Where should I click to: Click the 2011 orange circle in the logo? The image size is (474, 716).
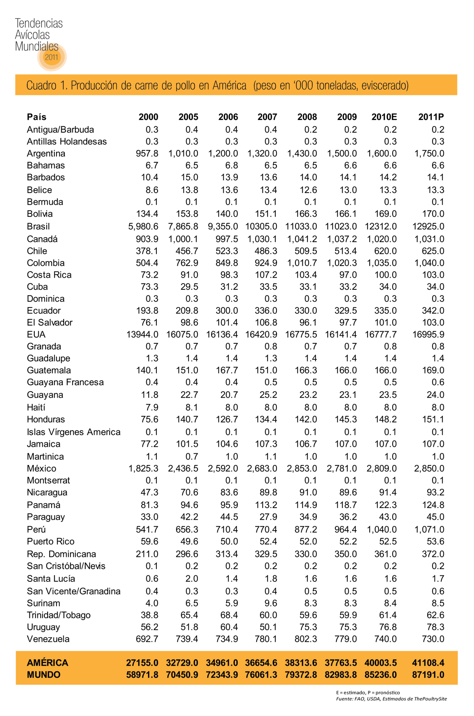(x=52, y=57)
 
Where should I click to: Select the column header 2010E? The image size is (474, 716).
(x=384, y=117)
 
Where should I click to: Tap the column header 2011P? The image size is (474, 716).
(x=431, y=117)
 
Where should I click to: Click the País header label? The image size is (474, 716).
(x=37, y=117)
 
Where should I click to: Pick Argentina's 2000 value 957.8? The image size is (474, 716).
(x=147, y=154)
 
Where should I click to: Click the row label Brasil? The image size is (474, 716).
(x=38, y=226)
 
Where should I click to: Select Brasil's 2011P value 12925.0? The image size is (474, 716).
(x=428, y=226)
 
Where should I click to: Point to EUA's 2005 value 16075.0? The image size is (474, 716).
(x=182, y=334)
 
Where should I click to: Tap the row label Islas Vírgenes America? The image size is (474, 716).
(x=73, y=432)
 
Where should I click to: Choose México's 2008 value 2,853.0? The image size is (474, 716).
(x=302, y=468)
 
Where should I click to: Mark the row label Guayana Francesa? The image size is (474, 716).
(x=65, y=382)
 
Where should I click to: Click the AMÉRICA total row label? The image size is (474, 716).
(x=48, y=662)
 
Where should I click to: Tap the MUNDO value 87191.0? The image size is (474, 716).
(x=428, y=674)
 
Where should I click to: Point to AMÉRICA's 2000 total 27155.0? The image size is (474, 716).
(x=142, y=662)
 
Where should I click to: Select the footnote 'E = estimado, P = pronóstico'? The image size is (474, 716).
(x=368, y=692)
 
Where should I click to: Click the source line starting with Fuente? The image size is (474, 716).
(x=391, y=699)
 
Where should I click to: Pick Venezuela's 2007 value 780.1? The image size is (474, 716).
(x=266, y=639)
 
